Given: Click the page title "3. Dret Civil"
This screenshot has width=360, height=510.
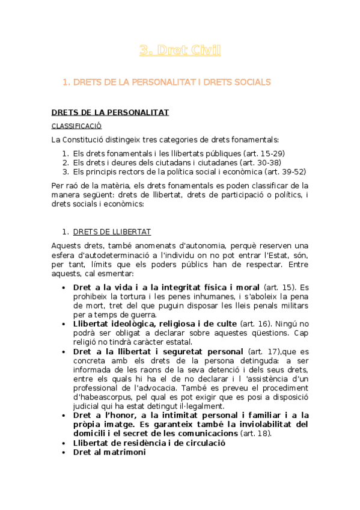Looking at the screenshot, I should [180, 51].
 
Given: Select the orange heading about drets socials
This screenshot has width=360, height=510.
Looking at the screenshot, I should [166, 82].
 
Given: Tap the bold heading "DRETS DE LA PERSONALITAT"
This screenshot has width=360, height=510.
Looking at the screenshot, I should [110, 112].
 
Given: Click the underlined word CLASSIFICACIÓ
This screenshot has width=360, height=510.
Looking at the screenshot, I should [76, 126].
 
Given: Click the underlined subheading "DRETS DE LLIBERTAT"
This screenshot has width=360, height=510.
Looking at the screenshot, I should [112, 232].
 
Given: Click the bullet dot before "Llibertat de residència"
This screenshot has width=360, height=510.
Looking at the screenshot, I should [64, 443].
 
